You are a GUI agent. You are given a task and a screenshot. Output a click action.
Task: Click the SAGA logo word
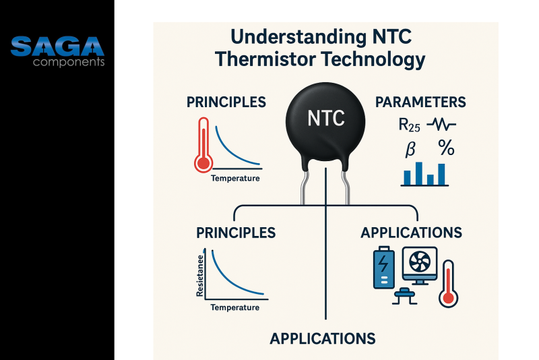coord(58,47)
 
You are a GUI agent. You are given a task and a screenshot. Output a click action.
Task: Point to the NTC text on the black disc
coord(326,119)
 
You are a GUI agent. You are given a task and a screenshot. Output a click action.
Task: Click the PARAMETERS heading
coord(420,102)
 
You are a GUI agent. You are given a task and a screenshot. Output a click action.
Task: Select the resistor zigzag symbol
coord(442,125)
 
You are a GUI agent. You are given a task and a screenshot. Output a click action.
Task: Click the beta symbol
coord(410,149)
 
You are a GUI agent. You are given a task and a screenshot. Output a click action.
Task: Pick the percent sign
coord(445,148)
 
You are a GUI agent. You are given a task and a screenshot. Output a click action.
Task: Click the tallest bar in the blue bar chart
coord(441,174)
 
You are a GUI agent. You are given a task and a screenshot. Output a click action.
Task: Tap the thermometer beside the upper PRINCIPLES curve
coord(202,144)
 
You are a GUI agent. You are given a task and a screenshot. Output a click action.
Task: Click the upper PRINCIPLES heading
coord(226,102)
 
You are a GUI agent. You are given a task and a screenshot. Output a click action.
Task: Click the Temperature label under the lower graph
coord(234,307)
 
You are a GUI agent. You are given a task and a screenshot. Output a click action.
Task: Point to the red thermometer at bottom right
coord(447,284)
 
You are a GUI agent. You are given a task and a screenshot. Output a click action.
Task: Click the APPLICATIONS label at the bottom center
coord(323,338)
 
